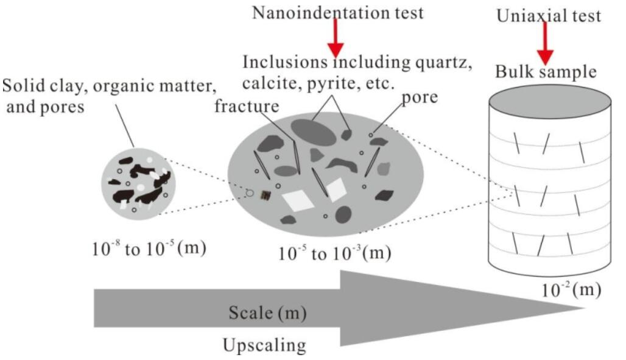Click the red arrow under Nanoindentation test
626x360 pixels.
(x=336, y=38)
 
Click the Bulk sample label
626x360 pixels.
(x=546, y=72)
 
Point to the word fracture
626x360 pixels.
(x=247, y=106)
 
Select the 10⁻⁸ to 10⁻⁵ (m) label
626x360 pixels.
(x=149, y=249)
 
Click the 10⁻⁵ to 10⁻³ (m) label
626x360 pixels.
(x=334, y=253)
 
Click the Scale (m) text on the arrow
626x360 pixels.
(x=267, y=312)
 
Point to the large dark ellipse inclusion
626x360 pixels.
(x=314, y=132)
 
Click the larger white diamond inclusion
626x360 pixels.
(x=298, y=200)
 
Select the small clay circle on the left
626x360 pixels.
(x=138, y=183)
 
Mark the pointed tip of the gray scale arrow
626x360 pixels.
(x=585, y=308)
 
